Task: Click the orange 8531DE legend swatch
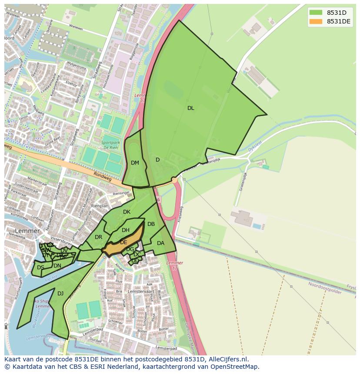click(x=316, y=21)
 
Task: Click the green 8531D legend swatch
click(x=316, y=13)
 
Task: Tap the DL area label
click(x=190, y=108)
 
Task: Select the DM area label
click(x=135, y=163)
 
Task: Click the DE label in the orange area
click(x=123, y=242)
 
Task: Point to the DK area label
click(x=127, y=212)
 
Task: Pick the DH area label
click(x=126, y=230)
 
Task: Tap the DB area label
click(x=151, y=224)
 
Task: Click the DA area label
click(x=160, y=243)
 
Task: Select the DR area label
click(x=98, y=237)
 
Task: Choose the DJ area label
click(x=60, y=294)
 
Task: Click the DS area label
click(x=40, y=268)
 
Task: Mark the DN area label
click(x=57, y=266)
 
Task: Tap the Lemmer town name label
click(x=27, y=231)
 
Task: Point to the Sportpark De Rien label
click(x=110, y=145)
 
